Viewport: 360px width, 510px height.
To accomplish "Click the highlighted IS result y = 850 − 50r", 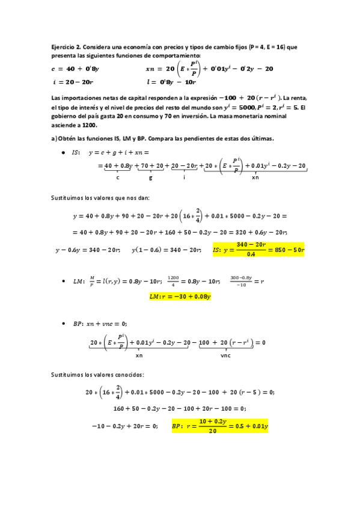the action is click(258, 250).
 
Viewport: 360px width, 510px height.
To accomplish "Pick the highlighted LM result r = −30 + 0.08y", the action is click(180, 296).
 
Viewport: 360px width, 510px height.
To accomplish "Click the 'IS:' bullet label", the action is click(76, 153).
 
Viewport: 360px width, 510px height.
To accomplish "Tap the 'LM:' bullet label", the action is click(78, 281).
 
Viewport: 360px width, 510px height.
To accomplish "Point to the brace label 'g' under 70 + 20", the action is click(149, 177).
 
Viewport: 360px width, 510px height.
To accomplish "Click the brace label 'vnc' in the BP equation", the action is click(226, 355).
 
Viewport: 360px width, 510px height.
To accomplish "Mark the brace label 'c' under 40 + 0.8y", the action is click(118, 177).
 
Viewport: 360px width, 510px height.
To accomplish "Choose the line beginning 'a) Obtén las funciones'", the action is click(162, 139).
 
